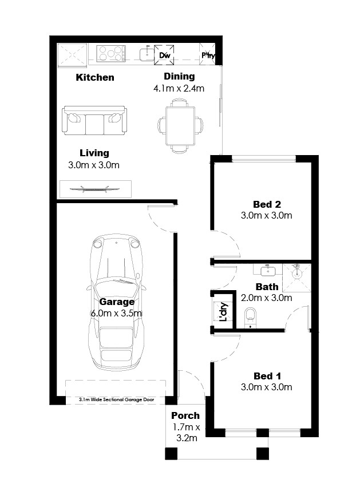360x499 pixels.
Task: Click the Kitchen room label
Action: (x=95, y=77)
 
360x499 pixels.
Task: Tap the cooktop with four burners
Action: (x=111, y=53)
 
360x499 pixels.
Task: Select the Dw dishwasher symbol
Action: (x=164, y=55)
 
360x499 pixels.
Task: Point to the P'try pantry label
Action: (x=208, y=55)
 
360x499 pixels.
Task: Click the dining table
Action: (x=180, y=126)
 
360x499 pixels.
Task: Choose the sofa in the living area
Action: (x=94, y=121)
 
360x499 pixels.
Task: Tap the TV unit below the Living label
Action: (x=96, y=189)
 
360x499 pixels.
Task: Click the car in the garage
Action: (x=117, y=302)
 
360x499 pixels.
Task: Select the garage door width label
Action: (x=117, y=399)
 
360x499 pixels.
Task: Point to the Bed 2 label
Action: (x=267, y=204)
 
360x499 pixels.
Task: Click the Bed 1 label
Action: (x=267, y=376)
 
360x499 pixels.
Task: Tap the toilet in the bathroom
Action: (x=250, y=317)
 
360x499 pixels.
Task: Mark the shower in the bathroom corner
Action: (x=296, y=278)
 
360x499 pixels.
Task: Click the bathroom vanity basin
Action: (x=268, y=271)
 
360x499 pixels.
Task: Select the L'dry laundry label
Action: (x=224, y=311)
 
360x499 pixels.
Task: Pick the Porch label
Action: (x=185, y=415)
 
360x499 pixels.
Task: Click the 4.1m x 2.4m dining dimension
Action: (x=179, y=88)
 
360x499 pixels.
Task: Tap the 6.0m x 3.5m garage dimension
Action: (x=117, y=313)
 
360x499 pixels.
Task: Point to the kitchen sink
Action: (x=147, y=53)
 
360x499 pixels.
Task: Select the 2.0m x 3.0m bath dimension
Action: (x=266, y=298)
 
